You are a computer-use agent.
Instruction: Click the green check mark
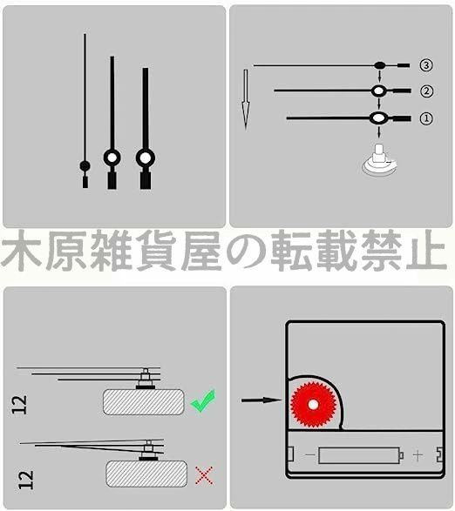202,400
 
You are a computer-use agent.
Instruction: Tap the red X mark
205,475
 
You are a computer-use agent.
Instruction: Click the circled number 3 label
425,65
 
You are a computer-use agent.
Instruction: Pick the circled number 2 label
425,91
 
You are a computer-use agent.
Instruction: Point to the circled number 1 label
425,118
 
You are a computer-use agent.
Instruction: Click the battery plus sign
418,455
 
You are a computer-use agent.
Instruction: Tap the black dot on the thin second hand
85,165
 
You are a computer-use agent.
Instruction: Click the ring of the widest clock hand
145,158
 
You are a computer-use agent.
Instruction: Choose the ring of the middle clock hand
112,158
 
